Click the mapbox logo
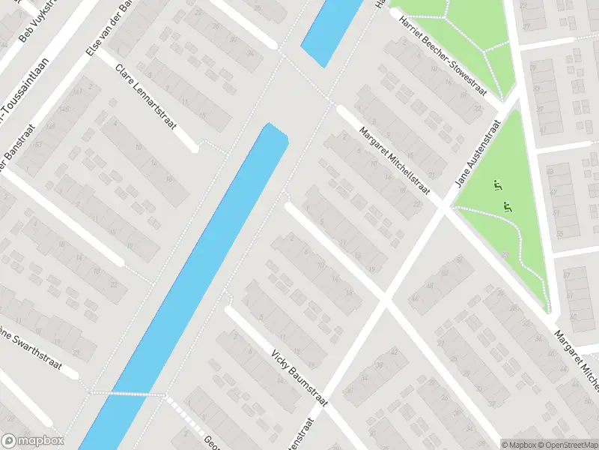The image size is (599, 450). (x=33, y=441)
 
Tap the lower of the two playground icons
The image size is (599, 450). (x=507, y=206)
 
